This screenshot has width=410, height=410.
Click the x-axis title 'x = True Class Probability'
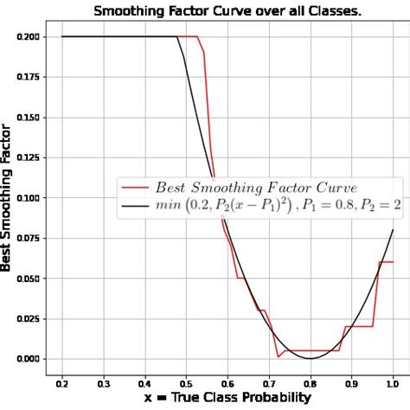point(227,398)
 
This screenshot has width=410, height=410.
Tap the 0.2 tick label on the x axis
point(62,381)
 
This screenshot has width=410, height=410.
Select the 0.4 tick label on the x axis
point(144,381)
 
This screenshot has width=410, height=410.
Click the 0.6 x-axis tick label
point(227,381)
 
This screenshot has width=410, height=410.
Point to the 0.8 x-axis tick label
point(310,381)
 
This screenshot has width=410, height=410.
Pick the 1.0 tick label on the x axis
point(393,381)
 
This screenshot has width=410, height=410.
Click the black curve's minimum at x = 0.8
point(310,358)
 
